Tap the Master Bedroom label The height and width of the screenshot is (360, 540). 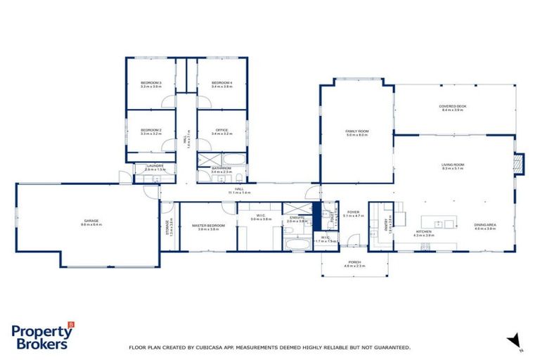coord(208,226)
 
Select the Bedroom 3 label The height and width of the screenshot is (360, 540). coord(150,83)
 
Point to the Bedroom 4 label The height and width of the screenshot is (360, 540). coord(221,83)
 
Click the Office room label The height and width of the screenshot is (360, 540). coord(221,130)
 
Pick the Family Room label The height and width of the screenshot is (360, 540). coord(357,131)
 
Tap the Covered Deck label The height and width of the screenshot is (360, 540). coord(454,106)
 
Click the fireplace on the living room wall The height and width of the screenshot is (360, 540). coord(520,164)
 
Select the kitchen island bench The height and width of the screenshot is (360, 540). coord(444,224)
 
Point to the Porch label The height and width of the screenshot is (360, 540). coord(354,263)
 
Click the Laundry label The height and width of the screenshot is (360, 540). coord(154,166)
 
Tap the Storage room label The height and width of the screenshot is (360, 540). coord(169,226)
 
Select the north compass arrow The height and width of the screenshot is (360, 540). coord(514,340)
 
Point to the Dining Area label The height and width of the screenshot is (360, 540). coord(485,224)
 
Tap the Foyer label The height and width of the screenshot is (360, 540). coord(353,211)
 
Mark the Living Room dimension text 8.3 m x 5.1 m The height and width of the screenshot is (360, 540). coord(453,169)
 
